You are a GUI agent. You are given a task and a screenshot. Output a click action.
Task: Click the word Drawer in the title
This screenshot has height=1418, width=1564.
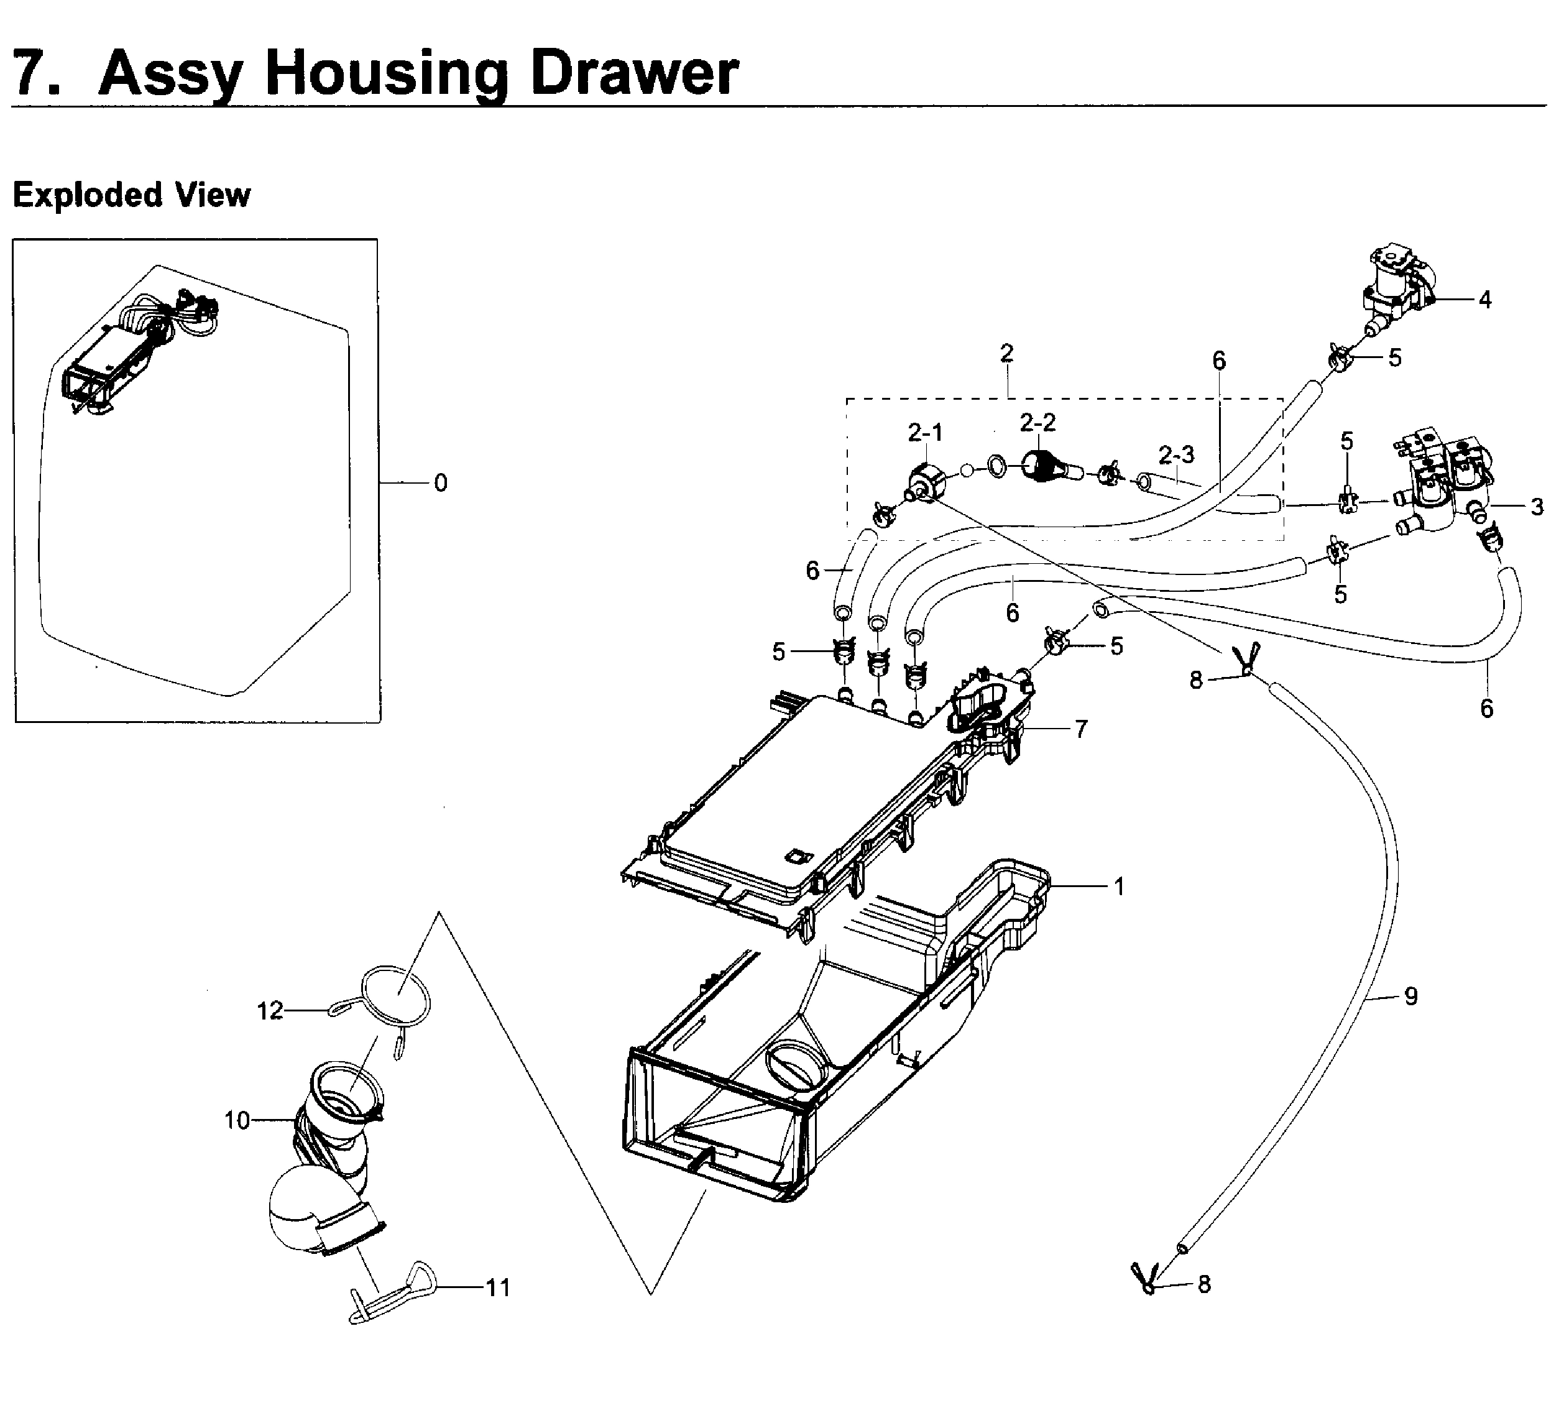(x=634, y=72)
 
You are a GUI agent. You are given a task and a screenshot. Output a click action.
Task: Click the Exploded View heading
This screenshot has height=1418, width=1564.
(x=131, y=194)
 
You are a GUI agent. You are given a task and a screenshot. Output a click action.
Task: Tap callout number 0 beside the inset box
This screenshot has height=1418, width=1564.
(x=441, y=483)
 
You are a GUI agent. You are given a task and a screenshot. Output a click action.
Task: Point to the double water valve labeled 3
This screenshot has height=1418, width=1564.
(x=1443, y=489)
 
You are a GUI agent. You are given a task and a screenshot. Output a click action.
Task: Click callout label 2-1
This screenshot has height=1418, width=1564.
(x=925, y=433)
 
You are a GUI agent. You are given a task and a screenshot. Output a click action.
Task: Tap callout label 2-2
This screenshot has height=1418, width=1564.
(x=1037, y=423)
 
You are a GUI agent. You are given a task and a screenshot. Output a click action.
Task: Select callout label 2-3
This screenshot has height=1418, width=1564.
(x=1176, y=454)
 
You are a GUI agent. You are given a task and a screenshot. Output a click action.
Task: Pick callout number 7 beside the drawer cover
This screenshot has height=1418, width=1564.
(x=1080, y=729)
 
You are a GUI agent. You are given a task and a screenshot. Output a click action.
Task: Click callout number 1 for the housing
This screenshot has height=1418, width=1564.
(x=1119, y=886)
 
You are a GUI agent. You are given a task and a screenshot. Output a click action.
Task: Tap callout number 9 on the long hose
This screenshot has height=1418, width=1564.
(x=1410, y=996)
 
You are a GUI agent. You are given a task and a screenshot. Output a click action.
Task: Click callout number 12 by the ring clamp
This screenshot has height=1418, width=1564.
(x=270, y=1011)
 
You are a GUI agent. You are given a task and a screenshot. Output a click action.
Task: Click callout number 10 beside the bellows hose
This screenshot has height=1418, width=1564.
(x=237, y=1120)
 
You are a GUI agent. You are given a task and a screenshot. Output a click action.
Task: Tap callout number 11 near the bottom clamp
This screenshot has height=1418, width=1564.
(x=497, y=1287)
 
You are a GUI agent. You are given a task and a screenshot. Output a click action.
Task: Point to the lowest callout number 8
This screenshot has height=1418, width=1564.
(x=1204, y=1284)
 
